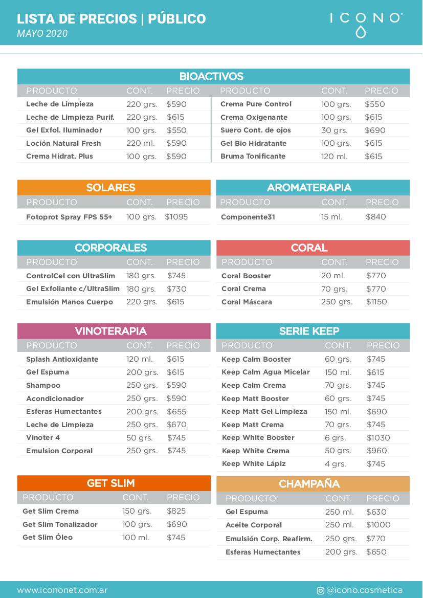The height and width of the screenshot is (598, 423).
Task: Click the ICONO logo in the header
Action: [366, 23]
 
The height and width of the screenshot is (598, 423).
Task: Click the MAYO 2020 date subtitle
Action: [42, 34]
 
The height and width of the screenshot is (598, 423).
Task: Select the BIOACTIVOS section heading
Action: [211, 77]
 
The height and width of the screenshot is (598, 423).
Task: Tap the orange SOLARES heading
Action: [110, 188]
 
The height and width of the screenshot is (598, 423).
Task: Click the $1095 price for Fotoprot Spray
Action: [176, 217]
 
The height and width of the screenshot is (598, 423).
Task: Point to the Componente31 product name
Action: [248, 217]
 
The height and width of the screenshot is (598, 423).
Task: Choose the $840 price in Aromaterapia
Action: [375, 217]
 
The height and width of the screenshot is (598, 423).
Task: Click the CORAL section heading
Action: [309, 248]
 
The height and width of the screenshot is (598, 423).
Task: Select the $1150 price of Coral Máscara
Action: [376, 302]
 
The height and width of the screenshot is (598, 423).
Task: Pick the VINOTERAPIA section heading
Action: [110, 331]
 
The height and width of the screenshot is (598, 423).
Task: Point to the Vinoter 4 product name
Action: [43, 438]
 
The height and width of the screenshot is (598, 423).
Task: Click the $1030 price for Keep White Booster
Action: [378, 438]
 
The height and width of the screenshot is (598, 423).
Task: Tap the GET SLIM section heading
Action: [110, 483]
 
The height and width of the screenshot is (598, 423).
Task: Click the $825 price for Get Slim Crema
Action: [176, 511]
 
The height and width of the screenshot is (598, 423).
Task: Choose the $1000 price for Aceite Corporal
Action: [378, 525]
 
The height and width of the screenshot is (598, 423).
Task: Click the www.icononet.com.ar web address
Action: [62, 590]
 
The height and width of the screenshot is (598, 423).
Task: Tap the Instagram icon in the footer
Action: [320, 590]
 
